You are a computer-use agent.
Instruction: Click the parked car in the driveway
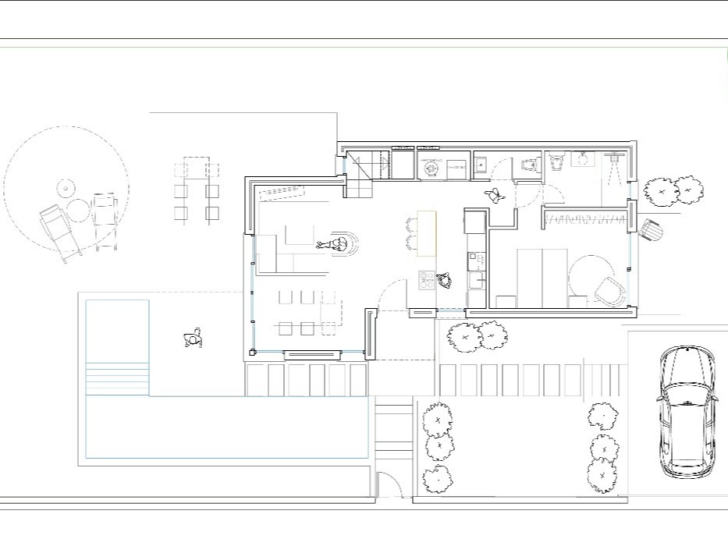[x=687, y=411]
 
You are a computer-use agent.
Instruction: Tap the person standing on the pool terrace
[x=192, y=339]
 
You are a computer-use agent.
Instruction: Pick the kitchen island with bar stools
[x=426, y=233]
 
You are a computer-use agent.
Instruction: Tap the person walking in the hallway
[x=493, y=195]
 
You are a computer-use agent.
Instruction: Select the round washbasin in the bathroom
[x=581, y=160]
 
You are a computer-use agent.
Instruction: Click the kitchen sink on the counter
[x=481, y=165]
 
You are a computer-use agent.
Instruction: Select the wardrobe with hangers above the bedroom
[x=585, y=218]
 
